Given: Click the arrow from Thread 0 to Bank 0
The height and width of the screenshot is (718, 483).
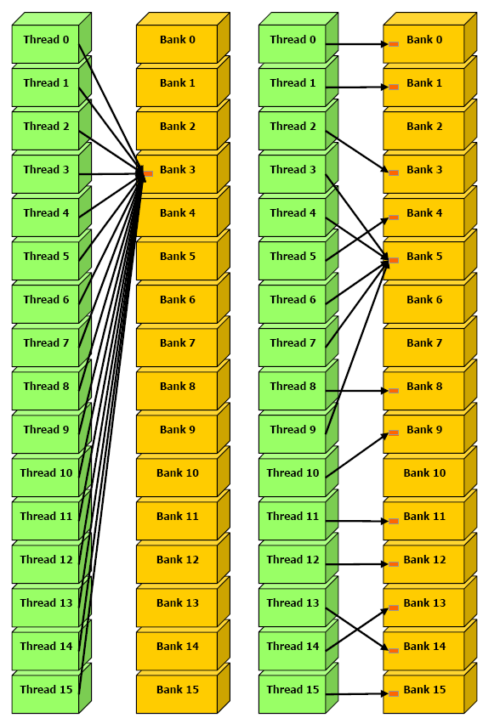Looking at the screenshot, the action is pos(357,44).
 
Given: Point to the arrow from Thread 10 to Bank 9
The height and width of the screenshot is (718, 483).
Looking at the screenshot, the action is pos(357,455).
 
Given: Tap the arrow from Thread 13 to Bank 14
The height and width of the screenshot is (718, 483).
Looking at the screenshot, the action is pos(357,629).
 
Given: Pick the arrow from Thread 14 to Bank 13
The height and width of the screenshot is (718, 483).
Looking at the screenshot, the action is pos(357,629).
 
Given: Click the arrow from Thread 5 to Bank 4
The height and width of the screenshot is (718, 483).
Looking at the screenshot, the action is pos(357,239).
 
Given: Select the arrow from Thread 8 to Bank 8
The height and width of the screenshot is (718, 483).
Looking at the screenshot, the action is pos(357,391).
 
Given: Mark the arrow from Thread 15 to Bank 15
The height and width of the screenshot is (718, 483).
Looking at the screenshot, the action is pos(357,694).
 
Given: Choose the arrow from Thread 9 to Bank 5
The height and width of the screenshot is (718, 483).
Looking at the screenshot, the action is pos(357,347).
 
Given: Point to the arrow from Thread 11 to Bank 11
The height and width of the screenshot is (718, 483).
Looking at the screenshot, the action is pos(357,521).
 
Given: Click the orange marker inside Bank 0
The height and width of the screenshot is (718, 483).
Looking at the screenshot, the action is pos(394,44).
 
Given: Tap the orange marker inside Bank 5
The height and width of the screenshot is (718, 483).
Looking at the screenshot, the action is pos(394,261).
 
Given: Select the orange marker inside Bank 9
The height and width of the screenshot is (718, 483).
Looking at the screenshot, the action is pos(394,432).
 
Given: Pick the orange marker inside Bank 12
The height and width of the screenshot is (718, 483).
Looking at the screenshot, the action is pos(394,564).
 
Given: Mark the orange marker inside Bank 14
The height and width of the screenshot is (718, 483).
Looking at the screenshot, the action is pos(394,651).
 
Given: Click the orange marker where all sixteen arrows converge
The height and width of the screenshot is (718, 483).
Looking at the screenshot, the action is pos(148,173).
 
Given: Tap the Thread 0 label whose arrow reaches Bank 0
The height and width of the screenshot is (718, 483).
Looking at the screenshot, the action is pos(293,40).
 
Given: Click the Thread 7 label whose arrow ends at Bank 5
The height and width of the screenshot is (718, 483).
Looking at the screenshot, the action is pos(293,343).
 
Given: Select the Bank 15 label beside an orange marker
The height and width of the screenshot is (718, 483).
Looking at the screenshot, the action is pos(424,690).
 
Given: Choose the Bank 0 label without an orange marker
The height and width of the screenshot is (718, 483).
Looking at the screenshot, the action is pos(178,40).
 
